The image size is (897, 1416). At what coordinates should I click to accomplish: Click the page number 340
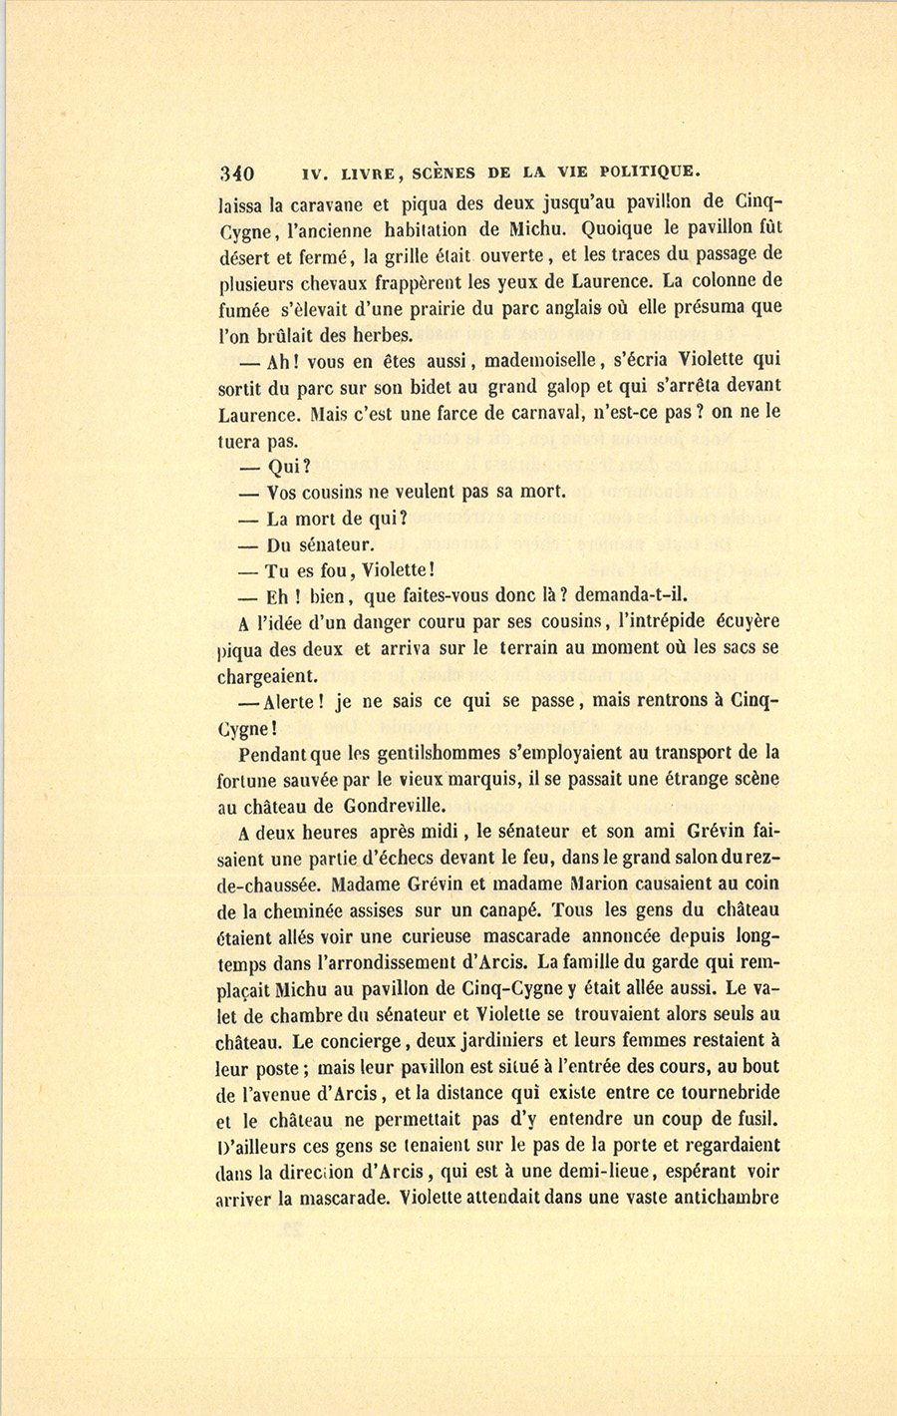pos(237,172)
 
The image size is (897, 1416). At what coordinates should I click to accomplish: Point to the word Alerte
pos(292,701)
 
